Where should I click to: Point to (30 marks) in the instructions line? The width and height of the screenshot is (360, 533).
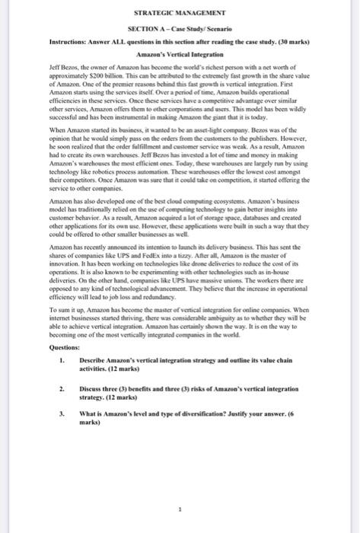(286, 40)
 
